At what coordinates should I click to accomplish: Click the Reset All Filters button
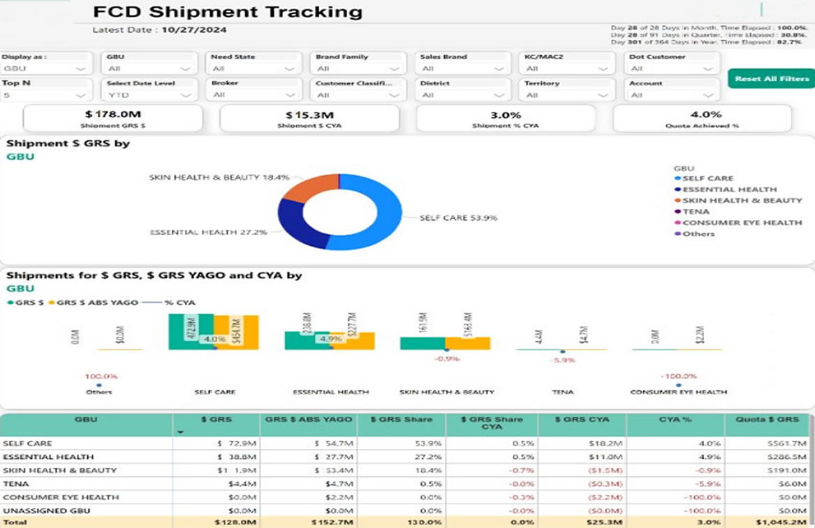tap(771, 78)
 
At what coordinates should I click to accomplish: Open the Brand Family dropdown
tap(357, 68)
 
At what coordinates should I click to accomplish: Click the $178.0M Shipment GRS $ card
tap(112, 118)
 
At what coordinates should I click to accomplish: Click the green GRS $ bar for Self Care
tap(191, 331)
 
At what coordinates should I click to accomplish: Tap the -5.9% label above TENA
tap(562, 360)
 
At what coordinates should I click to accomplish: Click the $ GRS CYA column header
tap(582, 420)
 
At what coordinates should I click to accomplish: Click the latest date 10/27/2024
tap(193, 29)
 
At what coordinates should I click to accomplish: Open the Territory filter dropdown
tap(566, 95)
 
